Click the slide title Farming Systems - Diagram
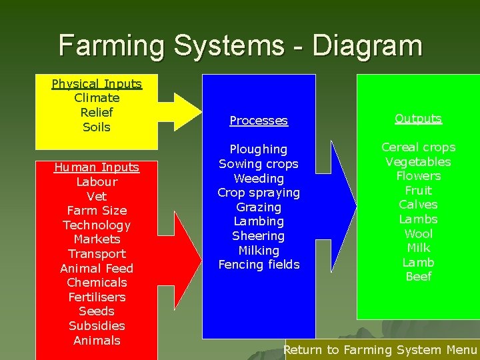click(240, 45)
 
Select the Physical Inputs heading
click(97, 84)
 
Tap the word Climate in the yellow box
click(97, 98)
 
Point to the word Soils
click(97, 127)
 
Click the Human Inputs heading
click(97, 167)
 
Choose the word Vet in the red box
click(97, 196)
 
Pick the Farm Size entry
click(97, 211)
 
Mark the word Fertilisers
click(97, 297)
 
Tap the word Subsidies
click(97, 325)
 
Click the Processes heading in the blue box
click(259, 121)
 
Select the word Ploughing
click(259, 149)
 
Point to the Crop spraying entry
click(259, 193)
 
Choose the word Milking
click(259, 250)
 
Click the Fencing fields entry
click(259, 265)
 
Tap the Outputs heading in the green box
click(418, 119)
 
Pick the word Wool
click(418, 233)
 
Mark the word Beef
click(418, 276)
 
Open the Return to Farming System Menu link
click(380, 349)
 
